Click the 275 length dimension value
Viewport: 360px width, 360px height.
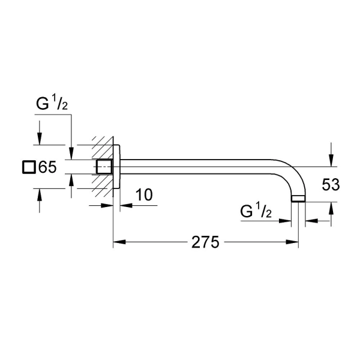(205, 242)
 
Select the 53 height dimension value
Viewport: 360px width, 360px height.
(331, 185)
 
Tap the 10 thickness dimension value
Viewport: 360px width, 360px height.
(144, 194)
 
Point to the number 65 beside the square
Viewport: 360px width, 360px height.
(47, 167)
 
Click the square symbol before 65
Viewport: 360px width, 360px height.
(29, 167)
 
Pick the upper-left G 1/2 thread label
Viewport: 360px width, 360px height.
(52, 104)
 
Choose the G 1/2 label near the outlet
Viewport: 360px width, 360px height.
(256, 211)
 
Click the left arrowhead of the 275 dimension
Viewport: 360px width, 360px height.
(119, 242)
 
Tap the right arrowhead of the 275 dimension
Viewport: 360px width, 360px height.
(292, 242)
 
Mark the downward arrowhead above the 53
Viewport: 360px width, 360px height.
(331, 160)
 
